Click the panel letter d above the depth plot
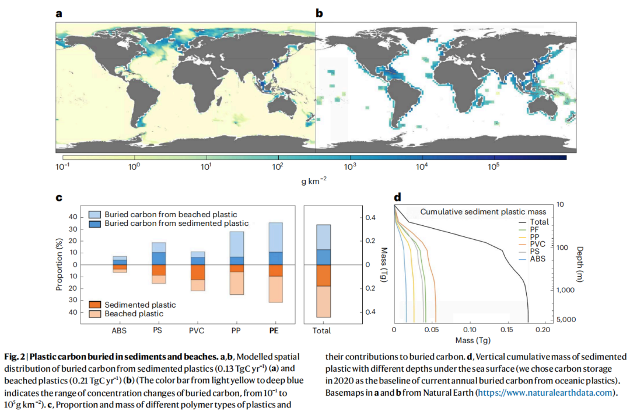(397, 197)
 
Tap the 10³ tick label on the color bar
(350, 166)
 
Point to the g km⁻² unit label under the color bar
(314, 181)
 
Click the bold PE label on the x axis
(274, 330)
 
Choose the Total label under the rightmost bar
(321, 330)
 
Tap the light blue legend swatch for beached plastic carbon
(94, 214)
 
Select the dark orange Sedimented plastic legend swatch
(94, 305)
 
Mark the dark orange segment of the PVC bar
(198, 272)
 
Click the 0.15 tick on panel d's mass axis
(508, 330)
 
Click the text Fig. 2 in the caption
(13, 357)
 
